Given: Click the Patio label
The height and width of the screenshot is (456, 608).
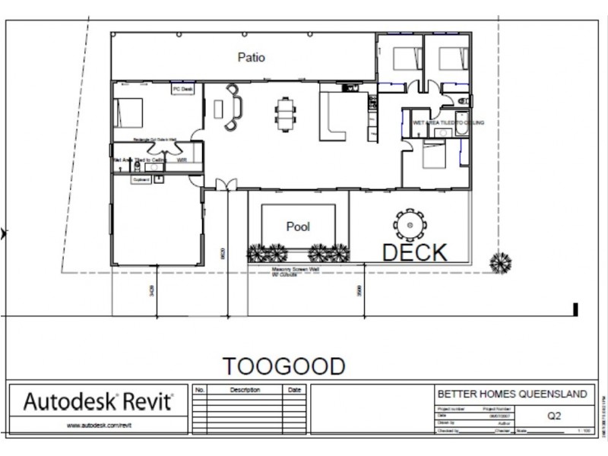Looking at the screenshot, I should coord(251,57).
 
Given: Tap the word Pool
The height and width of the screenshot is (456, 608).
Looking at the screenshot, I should coord(298,226).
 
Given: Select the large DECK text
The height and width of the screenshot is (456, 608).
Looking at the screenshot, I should coord(414,252).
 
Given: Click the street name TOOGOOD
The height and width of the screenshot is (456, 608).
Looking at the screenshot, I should coord(283,366).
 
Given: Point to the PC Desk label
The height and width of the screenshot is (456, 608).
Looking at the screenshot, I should coord(183,89).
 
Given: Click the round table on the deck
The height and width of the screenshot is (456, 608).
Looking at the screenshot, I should coord(410,224).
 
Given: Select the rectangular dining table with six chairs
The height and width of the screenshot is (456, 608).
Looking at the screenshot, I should coord(286,114).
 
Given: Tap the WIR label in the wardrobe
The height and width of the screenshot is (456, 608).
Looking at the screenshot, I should coord(182,160).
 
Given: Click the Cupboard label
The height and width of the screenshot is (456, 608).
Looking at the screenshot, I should coord(141,180).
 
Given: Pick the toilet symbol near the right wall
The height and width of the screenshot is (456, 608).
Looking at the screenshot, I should coord(464,100).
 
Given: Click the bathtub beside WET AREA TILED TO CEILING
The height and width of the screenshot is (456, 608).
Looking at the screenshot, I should coord(462,133).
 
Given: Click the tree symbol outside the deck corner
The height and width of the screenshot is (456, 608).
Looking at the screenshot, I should coord(500,263).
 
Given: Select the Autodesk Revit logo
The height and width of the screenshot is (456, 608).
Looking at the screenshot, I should coord(98,401).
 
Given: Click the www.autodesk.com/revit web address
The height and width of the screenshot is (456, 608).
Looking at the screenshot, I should coord(97,426).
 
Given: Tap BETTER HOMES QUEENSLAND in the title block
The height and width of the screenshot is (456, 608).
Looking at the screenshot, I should coord(512,394).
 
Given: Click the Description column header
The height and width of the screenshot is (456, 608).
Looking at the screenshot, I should coord(245,390).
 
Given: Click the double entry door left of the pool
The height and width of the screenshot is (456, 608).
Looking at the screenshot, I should coord(226,185).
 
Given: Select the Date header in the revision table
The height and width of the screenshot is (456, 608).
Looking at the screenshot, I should coord(294,390).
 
